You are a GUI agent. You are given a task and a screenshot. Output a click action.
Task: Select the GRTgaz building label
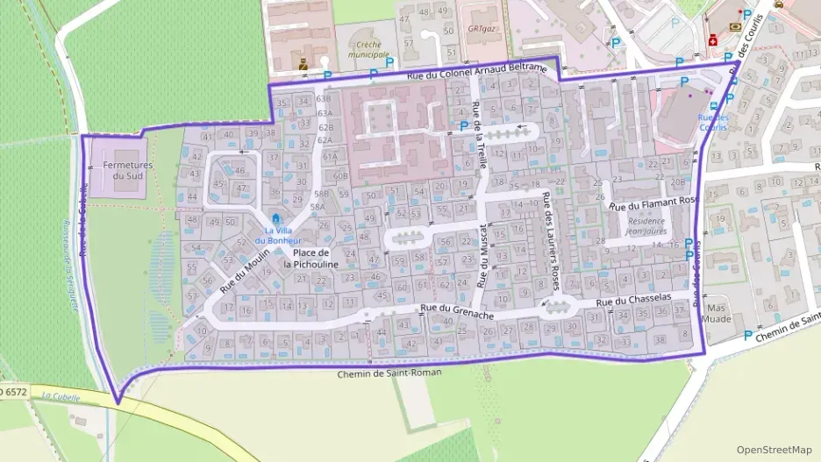(478, 28)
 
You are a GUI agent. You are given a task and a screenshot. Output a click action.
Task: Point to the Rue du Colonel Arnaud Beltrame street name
(477, 78)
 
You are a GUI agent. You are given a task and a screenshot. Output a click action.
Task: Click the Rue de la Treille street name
(480, 127)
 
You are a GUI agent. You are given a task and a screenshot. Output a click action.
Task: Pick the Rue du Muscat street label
(481, 255)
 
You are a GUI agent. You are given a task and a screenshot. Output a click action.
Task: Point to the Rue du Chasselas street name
(632, 301)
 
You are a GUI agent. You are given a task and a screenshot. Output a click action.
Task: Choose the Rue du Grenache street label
(456, 310)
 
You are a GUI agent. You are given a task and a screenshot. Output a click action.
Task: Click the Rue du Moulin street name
(246, 265)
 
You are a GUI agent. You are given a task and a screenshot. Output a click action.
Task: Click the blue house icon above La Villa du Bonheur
(278, 218)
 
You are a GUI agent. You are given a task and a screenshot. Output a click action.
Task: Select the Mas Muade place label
(717, 314)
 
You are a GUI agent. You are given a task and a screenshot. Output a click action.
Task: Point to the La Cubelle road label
(61, 397)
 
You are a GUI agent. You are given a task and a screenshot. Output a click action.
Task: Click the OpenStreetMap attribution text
(774, 450)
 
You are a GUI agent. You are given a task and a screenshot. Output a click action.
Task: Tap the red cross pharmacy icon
(713, 41)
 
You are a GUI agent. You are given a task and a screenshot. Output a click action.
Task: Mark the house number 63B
(325, 99)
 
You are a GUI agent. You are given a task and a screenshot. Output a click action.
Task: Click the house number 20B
(677, 181)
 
